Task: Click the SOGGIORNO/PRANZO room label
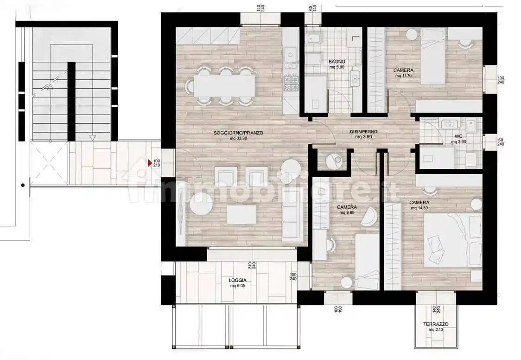pyautogui.click(x=238, y=133)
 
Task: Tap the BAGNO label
pyautogui.click(x=337, y=62)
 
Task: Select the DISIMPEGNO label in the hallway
pyautogui.click(x=363, y=132)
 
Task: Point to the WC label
pyautogui.click(x=458, y=136)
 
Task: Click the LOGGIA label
pyautogui.click(x=238, y=280)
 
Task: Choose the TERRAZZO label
pyautogui.click(x=436, y=324)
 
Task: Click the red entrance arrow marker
pyautogui.click(x=150, y=163)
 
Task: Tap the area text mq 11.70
pyautogui.click(x=403, y=76)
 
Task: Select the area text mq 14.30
pyautogui.click(x=419, y=208)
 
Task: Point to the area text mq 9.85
pyautogui.click(x=347, y=212)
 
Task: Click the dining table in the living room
pyautogui.click(x=224, y=85)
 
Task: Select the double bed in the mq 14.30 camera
pyautogui.click(x=453, y=240)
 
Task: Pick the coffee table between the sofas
pyautogui.click(x=241, y=215)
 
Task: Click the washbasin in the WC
pyautogui.click(x=450, y=124)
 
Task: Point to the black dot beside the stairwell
pyautogui.click(x=23, y=185)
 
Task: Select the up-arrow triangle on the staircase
pyautogui.click(x=50, y=87)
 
